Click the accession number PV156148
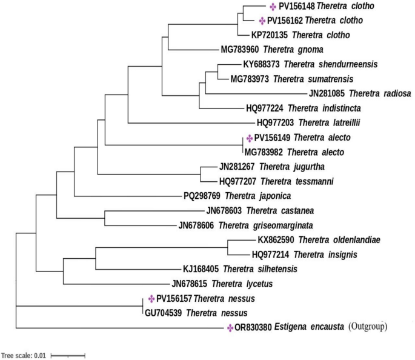pyautogui.click(x=297, y=6)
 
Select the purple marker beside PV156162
pyautogui.click(x=262, y=21)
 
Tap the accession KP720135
pyautogui.click(x=269, y=35)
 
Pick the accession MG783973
pyautogui.click(x=250, y=79)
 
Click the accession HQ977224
pyautogui.click(x=264, y=108)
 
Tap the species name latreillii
pyautogui.click(x=345, y=123)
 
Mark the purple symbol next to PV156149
pyautogui.click(x=250, y=138)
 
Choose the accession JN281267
pyautogui.click(x=237, y=167)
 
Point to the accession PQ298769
pyautogui.click(x=202, y=196)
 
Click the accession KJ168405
pyautogui.click(x=201, y=269)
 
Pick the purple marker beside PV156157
pyautogui.click(x=151, y=299)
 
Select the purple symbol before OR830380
pyautogui.click(x=230, y=328)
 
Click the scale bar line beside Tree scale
pyautogui.click(x=68, y=356)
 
